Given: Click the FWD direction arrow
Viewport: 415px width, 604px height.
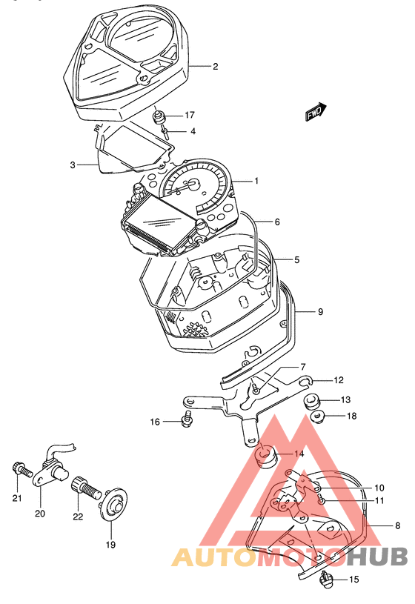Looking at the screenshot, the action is (316, 113).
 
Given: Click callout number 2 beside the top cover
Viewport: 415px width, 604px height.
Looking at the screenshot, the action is (215, 66).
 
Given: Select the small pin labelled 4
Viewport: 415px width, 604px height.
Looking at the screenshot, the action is (165, 131).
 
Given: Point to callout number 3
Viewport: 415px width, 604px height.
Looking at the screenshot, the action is (73, 165).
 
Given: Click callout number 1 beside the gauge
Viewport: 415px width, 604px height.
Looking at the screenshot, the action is (256, 181).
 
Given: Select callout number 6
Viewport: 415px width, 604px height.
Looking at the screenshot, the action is (277, 222).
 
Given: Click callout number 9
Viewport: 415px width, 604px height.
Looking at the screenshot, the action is (320, 311).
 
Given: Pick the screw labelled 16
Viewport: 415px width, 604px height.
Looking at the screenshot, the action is (187, 419).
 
